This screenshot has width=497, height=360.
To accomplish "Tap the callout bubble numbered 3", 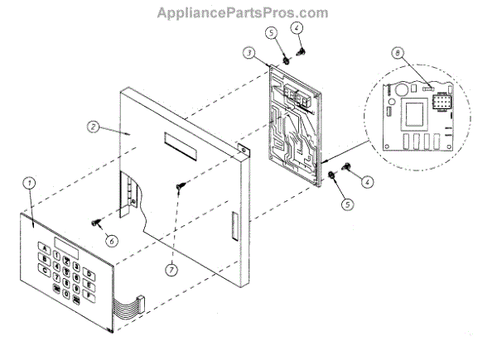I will click(x=248, y=52).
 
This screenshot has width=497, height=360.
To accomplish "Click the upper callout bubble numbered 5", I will click(x=272, y=34).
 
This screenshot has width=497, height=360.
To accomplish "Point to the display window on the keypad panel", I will click(x=65, y=243).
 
